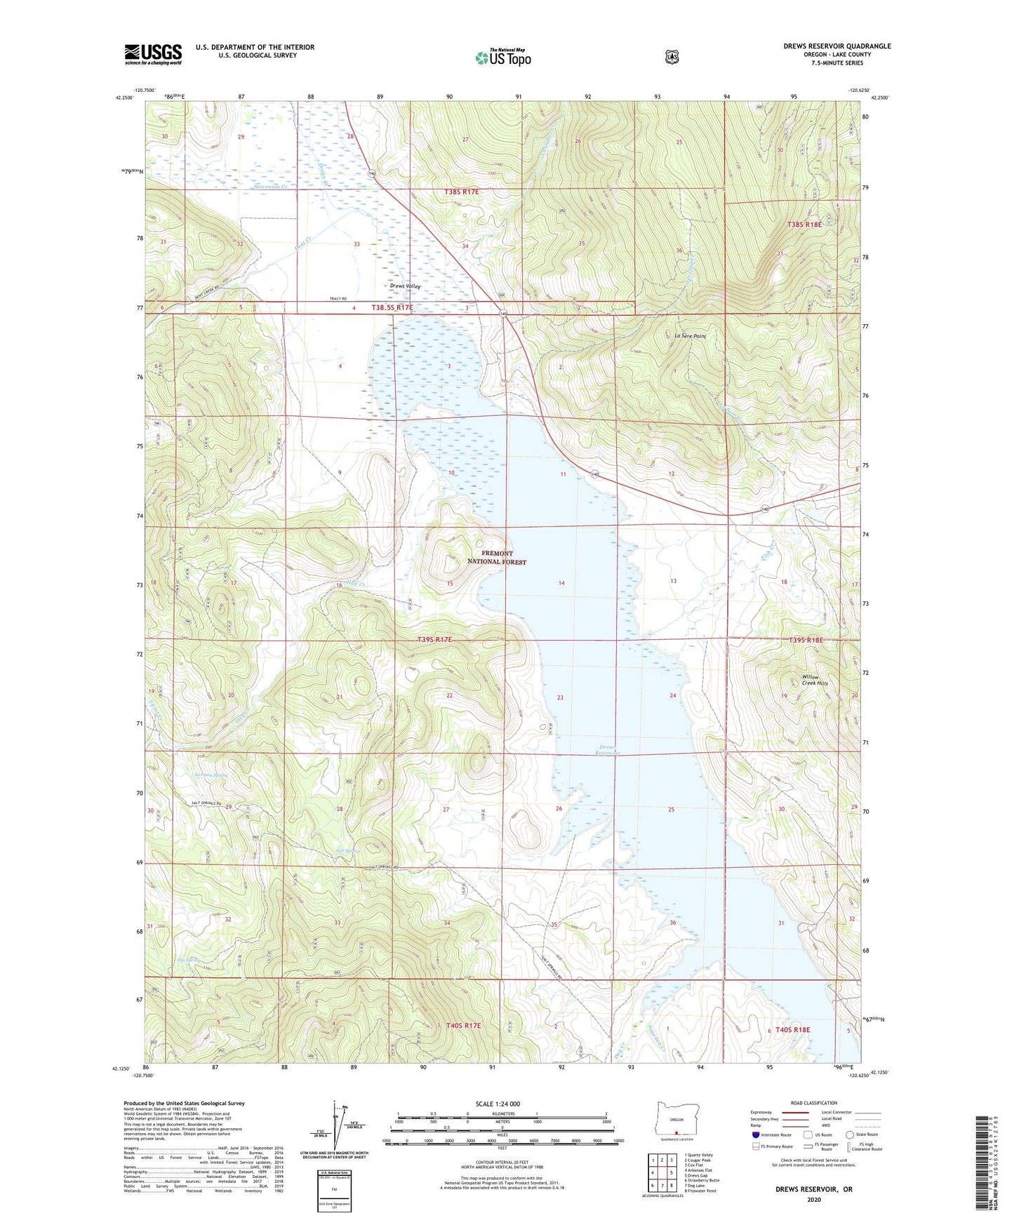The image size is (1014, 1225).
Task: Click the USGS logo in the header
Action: pos(153,54)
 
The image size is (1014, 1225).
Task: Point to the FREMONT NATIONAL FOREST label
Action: pos(497,558)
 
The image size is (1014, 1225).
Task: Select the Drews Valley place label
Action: pos(404,286)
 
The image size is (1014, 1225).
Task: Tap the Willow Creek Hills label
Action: pos(815,680)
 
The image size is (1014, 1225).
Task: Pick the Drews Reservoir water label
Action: pos(608,749)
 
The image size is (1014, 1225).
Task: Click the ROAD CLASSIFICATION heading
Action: pos(813,1103)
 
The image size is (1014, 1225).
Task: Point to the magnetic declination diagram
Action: pos(340,1129)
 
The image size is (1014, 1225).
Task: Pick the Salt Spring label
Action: pos(347,850)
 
